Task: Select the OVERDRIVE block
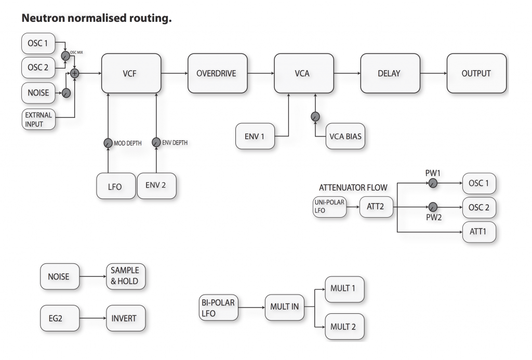[216, 73]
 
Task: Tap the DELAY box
[388, 73]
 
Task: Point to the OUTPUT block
[476, 73]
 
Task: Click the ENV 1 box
[255, 136]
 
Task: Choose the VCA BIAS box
[345, 136]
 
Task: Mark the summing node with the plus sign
[75, 73]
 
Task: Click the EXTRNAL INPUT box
[38, 119]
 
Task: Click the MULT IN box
[284, 306]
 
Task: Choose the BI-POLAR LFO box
[218, 306]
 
